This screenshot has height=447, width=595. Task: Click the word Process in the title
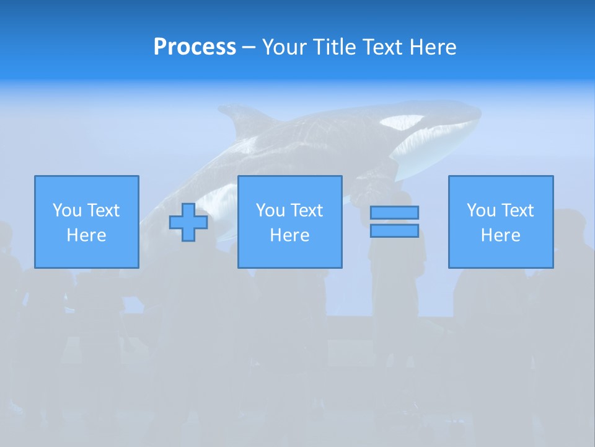[195, 47]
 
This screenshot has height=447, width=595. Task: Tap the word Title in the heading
[336, 47]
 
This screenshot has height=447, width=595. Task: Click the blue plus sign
[188, 222]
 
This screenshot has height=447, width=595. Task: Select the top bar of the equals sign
[394, 212]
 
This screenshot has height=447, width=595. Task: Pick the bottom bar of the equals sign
[394, 230]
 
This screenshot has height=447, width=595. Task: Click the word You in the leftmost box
[67, 210]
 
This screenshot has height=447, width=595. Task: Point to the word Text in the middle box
[306, 210]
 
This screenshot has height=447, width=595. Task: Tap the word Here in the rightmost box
[501, 235]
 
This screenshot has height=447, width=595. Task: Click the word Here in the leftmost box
[87, 235]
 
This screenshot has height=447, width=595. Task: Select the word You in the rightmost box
[481, 210]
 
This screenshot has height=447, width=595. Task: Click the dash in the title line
[249, 47]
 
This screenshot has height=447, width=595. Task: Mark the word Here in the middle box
[290, 235]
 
